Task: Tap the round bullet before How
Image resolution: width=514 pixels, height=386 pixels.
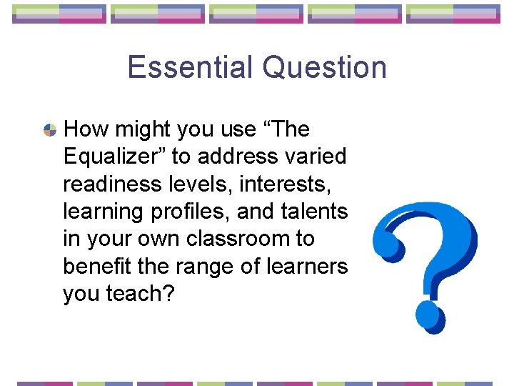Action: [50, 130]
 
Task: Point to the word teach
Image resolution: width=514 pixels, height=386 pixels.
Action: [140, 293]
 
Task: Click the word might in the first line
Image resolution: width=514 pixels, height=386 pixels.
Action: [136, 129]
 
